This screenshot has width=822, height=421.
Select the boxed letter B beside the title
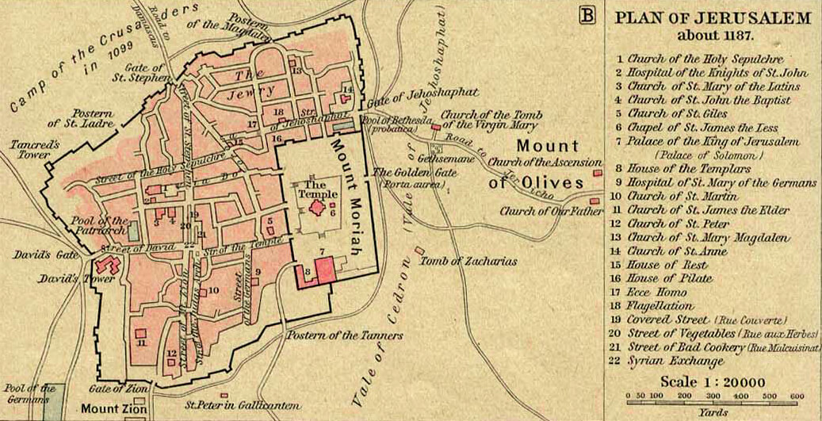[x=587, y=15]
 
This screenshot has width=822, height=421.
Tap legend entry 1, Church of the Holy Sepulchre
[x=705, y=59]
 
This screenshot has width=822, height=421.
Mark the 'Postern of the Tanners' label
[x=344, y=335]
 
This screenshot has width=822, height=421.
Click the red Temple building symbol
[x=318, y=208]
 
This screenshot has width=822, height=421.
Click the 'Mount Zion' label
[x=109, y=408]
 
